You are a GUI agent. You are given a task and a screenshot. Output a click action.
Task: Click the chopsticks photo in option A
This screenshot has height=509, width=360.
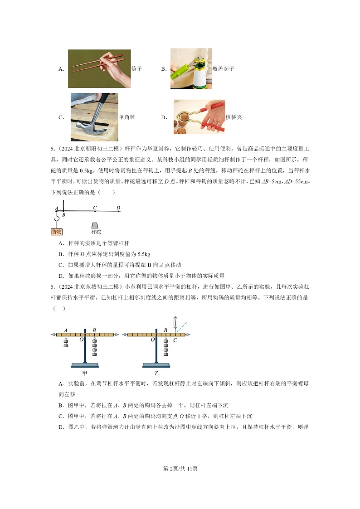[x=99, y=68]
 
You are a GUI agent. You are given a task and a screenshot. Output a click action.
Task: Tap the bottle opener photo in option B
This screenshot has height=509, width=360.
[x=191, y=68]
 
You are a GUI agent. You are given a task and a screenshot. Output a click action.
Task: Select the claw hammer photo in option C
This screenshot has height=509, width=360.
[x=94, y=117]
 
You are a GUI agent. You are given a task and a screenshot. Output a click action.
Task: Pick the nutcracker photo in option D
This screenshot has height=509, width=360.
[x=199, y=117]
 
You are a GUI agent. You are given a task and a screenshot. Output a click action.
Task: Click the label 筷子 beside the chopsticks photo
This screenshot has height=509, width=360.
[x=136, y=69]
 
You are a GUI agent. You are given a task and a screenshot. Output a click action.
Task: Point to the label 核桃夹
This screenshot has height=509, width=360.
[x=234, y=117]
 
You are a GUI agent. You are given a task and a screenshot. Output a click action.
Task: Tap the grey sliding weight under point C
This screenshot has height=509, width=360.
[x=95, y=225]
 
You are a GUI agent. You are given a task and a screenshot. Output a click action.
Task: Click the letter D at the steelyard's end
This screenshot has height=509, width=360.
[x=118, y=208]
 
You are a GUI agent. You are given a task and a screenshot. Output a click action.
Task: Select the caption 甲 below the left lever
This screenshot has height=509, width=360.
[x=85, y=373]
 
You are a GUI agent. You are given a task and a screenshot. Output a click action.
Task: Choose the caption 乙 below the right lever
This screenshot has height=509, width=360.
[x=157, y=373]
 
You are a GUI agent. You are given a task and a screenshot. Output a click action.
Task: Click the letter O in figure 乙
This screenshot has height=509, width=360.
[x=152, y=339]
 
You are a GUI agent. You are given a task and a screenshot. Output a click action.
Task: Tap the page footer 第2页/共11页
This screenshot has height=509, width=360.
[x=180, y=468]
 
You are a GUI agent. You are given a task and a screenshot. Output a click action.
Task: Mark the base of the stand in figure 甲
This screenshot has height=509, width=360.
[x=85, y=365]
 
